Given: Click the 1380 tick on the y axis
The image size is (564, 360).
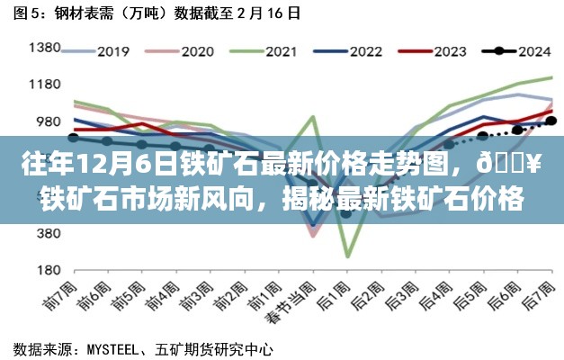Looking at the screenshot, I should [44, 49].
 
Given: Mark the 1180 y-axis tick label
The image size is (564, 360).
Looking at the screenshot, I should [44, 85].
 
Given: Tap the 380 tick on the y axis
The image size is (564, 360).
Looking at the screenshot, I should [47, 233].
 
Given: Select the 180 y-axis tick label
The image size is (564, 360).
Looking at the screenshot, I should [47, 269].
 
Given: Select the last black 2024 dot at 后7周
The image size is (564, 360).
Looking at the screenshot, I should [550, 120].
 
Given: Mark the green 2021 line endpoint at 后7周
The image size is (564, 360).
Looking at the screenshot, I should [551, 77].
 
